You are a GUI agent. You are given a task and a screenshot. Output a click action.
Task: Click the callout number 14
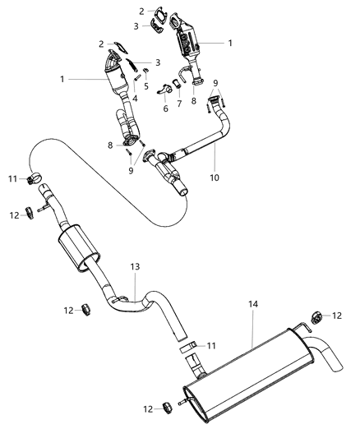tap(253, 304)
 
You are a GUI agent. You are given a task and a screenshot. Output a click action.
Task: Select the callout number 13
tap(136, 267)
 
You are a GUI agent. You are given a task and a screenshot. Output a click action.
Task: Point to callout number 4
tap(135, 99)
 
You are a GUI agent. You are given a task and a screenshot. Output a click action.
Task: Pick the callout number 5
tap(146, 85)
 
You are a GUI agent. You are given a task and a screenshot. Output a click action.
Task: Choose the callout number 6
tap(164, 108)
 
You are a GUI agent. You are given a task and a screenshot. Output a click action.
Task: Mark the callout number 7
tap(179, 104)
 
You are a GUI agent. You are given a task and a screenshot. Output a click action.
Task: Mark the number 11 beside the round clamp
tap(13, 178)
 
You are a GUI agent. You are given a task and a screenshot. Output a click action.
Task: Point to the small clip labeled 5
tap(146, 73)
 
